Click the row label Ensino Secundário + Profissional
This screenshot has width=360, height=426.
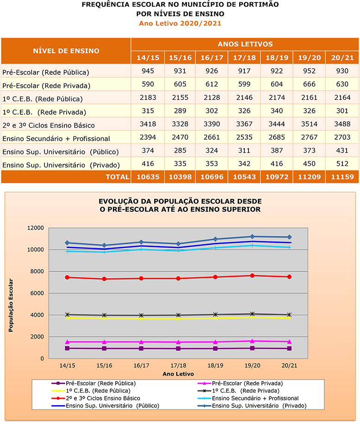pyautogui.click(x=56, y=138)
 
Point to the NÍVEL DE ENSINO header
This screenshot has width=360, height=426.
pyautogui.click(x=66, y=51)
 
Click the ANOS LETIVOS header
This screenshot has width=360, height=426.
pyautogui.click(x=245, y=44)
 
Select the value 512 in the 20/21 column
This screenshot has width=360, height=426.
pyautogui.click(x=342, y=164)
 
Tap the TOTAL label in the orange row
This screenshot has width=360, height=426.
pyautogui.click(x=117, y=177)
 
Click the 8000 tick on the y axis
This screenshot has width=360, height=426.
pyautogui.click(x=37, y=272)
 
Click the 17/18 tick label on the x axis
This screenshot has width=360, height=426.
pyautogui.click(x=178, y=365)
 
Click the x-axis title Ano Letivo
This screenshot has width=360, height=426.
pyautogui.click(x=178, y=374)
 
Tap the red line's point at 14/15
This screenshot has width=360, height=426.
pyautogui.click(x=68, y=278)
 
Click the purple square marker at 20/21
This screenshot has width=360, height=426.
pyautogui.click(x=289, y=348)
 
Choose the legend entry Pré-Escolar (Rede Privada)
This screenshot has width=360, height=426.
pyautogui.click(x=247, y=383)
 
